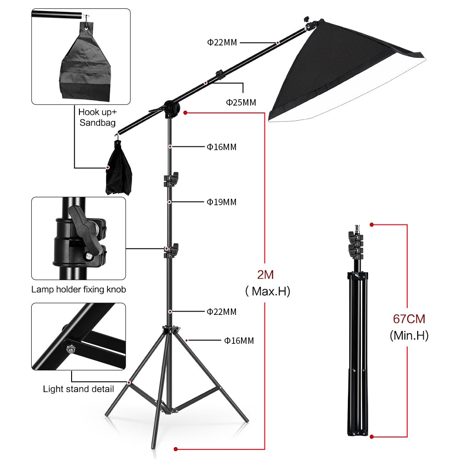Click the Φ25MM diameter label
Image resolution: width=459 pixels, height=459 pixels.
click(x=241, y=102)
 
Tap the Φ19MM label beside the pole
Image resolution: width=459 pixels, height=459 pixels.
click(x=221, y=202)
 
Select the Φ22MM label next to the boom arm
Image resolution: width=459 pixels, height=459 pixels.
click(x=222, y=43)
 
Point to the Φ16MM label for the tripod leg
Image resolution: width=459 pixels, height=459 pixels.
click(x=239, y=341)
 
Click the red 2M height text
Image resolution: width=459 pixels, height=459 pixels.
click(x=265, y=275)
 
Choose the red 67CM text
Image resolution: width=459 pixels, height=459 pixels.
click(x=409, y=319)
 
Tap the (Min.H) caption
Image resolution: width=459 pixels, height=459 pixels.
click(x=409, y=336)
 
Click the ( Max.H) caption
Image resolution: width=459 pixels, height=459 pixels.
click(x=268, y=291)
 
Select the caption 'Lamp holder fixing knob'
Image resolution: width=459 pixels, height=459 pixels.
click(x=78, y=290)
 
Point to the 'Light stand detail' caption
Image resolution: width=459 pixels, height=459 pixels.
click(x=78, y=389)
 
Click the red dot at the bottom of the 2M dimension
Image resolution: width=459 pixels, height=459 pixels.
click(x=175, y=449)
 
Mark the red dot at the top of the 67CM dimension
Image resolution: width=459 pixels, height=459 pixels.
click(x=372, y=225)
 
